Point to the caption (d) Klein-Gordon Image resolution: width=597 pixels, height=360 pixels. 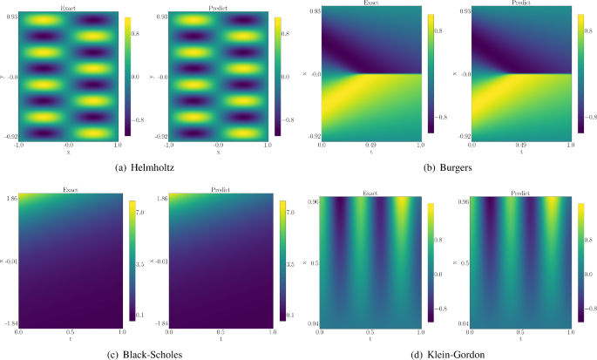coord(447,352)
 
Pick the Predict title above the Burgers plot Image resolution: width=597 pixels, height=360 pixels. coord(522,4)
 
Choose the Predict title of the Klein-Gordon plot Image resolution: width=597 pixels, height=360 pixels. coord(522,193)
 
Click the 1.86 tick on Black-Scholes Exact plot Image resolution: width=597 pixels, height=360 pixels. coord(10,199)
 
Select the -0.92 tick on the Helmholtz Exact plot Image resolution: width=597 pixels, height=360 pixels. coord(10,137)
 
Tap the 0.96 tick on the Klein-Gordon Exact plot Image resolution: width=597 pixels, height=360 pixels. coord(311,202)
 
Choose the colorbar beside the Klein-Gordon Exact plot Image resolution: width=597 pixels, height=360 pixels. coord(430,262)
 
